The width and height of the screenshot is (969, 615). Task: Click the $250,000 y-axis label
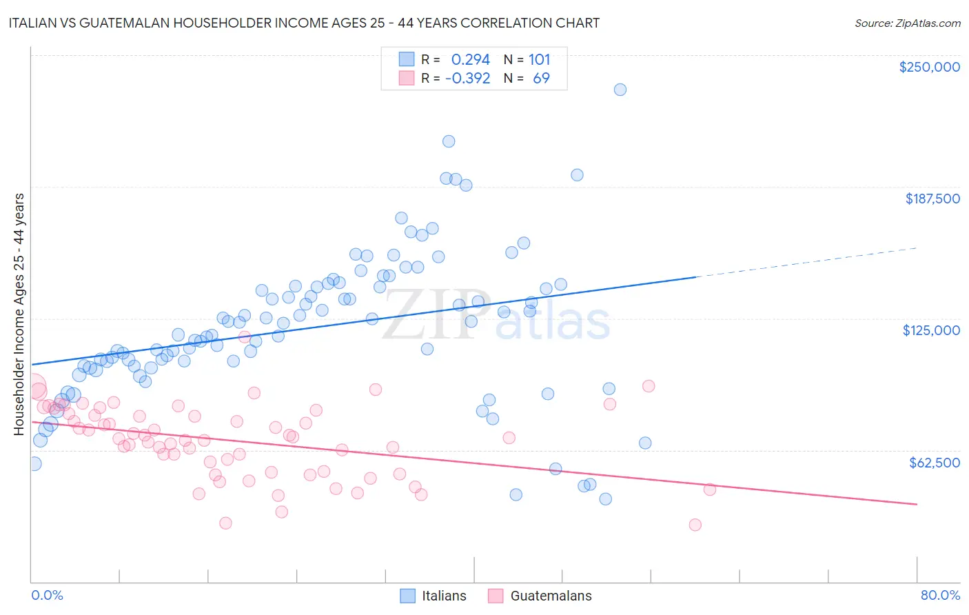pyautogui.click(x=929, y=67)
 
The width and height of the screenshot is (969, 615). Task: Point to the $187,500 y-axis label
pyautogui.click(x=932, y=199)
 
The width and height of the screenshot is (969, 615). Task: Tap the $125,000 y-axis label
pyautogui.click(x=931, y=330)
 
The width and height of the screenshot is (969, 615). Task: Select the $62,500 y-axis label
pyautogui.click(x=934, y=463)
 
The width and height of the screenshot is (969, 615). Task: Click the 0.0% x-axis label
pyautogui.click(x=47, y=595)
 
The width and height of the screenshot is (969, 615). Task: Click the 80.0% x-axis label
pyautogui.click(x=940, y=595)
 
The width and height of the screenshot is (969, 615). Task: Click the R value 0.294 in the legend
pyautogui.click(x=470, y=60)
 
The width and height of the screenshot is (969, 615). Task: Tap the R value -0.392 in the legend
pyautogui.click(x=467, y=79)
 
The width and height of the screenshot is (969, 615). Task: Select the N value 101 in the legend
pyautogui.click(x=539, y=60)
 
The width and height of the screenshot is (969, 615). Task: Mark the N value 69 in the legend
pyautogui.click(x=541, y=79)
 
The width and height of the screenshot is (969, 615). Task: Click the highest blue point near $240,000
pyautogui.click(x=620, y=90)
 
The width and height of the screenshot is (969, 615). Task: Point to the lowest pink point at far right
pyautogui.click(x=695, y=525)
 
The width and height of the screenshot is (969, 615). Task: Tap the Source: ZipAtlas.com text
pyautogui.click(x=907, y=23)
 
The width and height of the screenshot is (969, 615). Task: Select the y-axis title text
pyautogui.click(x=19, y=314)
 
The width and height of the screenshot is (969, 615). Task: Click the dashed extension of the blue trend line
pyautogui.click(x=806, y=262)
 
